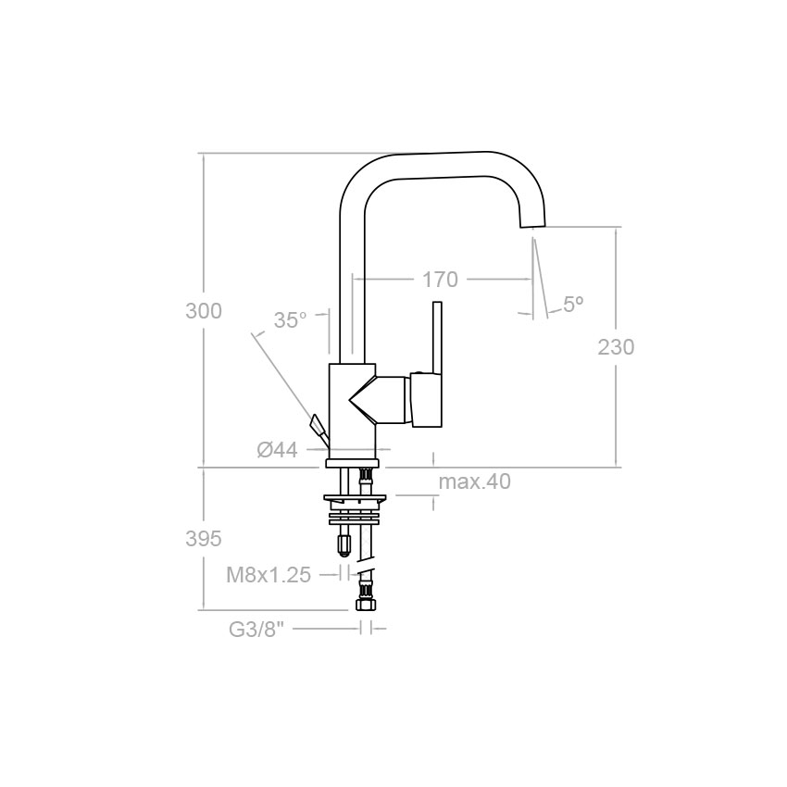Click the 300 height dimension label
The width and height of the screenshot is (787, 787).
point(204,311)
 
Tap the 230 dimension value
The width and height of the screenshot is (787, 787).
point(616,347)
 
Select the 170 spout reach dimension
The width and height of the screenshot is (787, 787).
point(440,280)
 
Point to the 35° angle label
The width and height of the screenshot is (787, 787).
point(290,319)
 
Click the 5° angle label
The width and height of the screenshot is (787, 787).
point(573,305)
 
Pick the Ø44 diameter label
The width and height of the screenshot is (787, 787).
point(278,450)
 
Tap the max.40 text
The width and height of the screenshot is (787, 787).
point(475,481)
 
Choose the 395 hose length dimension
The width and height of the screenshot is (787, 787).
point(204,539)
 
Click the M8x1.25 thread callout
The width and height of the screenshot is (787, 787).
point(269,575)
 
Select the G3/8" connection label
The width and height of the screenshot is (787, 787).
point(256,630)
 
